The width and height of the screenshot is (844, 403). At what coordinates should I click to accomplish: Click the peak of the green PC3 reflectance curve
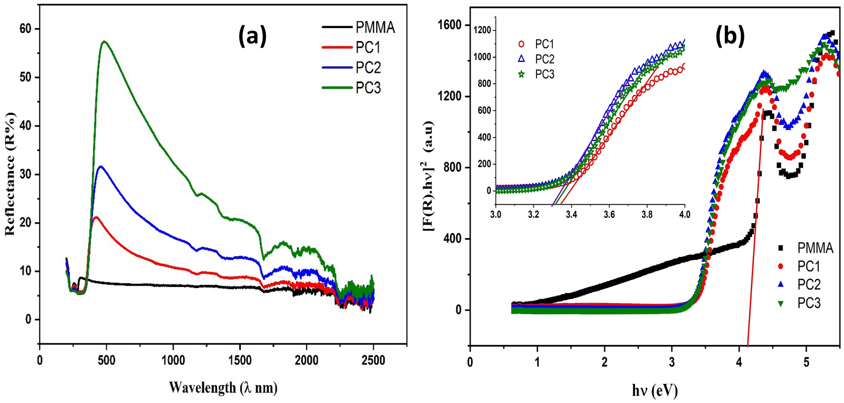tap(104, 41)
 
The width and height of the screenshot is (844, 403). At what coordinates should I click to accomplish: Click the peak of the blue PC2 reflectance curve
tap(100, 166)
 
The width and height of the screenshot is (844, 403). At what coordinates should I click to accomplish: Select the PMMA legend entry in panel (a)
tap(375, 28)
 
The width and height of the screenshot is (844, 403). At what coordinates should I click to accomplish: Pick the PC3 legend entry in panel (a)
tap(368, 88)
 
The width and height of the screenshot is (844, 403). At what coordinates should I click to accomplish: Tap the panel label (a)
tap(252, 36)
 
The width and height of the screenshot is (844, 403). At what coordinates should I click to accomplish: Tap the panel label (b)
tap(730, 36)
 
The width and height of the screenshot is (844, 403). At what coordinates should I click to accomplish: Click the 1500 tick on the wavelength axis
tap(239, 361)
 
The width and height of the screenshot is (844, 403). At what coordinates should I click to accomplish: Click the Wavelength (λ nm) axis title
tap(223, 387)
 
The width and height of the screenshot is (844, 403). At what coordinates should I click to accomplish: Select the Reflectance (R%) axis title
tap(10, 174)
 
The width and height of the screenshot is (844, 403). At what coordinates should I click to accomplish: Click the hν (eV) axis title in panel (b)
tap(655, 391)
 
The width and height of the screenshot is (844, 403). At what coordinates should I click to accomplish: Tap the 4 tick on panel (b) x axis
tap(739, 362)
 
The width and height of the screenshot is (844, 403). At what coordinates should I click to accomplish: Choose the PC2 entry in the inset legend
tap(544, 59)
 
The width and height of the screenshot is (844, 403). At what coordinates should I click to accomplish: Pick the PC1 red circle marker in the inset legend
tap(521, 44)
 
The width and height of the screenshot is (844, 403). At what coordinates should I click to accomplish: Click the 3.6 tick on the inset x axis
tap(609, 215)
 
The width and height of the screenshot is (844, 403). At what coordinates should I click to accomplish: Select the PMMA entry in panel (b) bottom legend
tap(815, 248)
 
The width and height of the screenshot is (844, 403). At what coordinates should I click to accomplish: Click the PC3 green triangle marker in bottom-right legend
tap(781, 303)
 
